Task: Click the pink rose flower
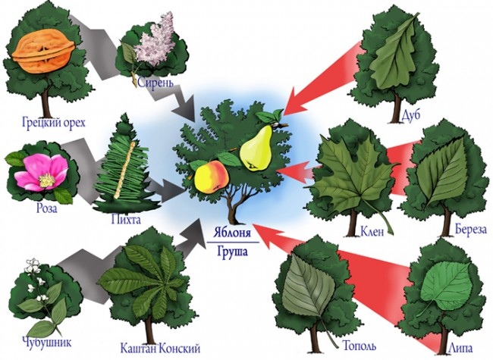[38, 171]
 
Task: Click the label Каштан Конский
[161, 349]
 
